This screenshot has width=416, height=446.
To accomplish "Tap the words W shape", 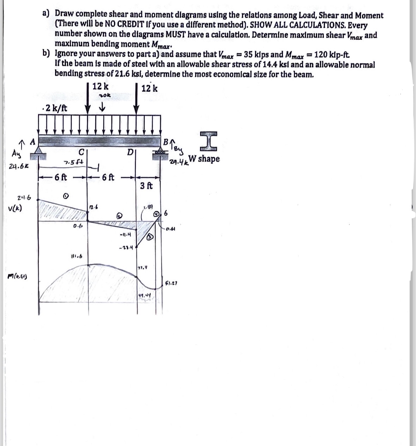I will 204,159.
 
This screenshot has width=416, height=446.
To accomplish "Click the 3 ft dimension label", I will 146,186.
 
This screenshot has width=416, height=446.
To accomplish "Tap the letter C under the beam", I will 81,153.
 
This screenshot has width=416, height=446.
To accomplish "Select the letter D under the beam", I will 129,153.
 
